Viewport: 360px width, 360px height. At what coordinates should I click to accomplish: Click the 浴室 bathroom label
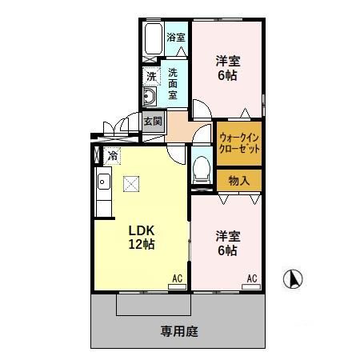click(x=176, y=37)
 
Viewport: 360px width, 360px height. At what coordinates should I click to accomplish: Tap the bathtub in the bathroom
click(x=153, y=40)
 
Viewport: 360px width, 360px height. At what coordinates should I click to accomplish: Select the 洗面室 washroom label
click(x=174, y=83)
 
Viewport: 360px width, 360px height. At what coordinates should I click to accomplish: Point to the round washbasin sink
click(x=149, y=98)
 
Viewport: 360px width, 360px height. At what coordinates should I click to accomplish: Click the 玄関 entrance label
click(x=154, y=122)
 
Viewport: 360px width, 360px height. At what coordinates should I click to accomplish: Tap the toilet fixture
click(x=201, y=169)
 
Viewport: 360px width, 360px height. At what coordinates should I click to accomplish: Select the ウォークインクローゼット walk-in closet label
click(x=239, y=144)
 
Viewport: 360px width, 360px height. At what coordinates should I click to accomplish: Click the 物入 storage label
click(x=238, y=180)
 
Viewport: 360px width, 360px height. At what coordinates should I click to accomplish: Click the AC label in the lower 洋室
click(x=251, y=279)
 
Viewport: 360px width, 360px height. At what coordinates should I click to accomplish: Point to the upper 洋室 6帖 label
click(x=228, y=67)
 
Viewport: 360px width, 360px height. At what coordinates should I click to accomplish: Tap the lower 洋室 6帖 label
click(x=226, y=243)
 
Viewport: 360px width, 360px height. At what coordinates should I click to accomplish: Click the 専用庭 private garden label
click(x=178, y=329)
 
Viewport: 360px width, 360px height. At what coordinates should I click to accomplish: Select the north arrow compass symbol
click(x=294, y=280)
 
